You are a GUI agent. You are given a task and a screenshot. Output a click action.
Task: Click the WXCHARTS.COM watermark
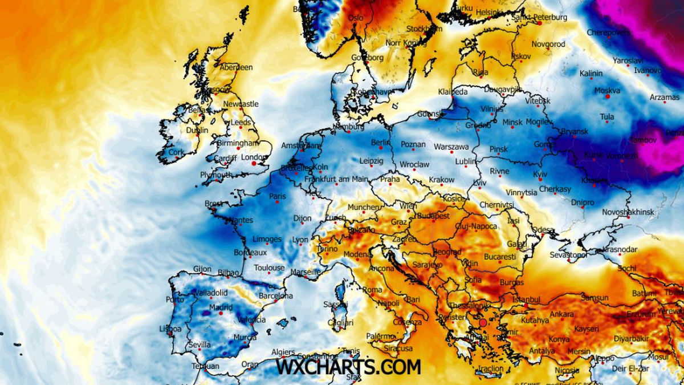click(348, 366)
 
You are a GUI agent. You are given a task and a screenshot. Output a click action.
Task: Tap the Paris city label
click(277, 197)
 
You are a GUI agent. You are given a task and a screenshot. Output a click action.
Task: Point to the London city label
click(254, 157)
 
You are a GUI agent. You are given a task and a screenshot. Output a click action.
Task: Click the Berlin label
click(380, 142)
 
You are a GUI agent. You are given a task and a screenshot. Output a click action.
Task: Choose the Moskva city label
click(607, 91)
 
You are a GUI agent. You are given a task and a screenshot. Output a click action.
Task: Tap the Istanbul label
click(526, 299)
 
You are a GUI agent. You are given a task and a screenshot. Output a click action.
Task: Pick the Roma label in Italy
click(372, 290)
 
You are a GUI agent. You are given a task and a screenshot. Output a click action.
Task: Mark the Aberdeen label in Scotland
click(235, 67)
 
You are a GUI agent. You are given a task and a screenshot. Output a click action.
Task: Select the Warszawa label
click(451, 147)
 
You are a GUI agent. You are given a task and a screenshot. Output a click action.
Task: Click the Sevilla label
click(199, 345)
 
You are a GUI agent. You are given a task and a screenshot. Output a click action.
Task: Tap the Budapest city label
click(433, 216)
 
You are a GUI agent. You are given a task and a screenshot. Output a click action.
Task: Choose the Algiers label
click(283, 352)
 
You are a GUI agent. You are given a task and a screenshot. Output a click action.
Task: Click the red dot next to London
click(254, 164)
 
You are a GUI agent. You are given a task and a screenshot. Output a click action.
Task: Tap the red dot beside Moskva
click(608, 97)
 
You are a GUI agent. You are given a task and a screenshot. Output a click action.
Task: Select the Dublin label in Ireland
click(197, 130)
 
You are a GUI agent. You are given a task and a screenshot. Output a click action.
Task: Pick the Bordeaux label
click(250, 253)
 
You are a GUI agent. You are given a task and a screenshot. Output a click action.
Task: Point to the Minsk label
click(512, 123)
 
